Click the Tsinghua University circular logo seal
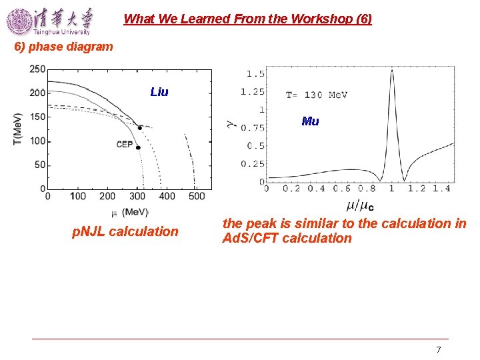pyautogui.click(x=19, y=21)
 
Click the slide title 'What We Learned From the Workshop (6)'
pyautogui.click(x=247, y=19)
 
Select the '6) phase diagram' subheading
pyautogui.click(x=64, y=47)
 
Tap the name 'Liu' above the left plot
pyautogui.click(x=159, y=92)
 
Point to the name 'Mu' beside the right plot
pyautogui.click(x=310, y=121)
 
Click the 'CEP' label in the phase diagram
pyautogui.click(x=124, y=145)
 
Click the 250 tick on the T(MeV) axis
pyautogui.click(x=37, y=69)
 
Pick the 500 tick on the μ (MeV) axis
pyautogui.click(x=196, y=197)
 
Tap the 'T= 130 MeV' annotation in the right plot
pyautogui.click(x=317, y=95)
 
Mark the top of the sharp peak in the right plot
pyautogui.click(x=391, y=70)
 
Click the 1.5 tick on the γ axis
pyautogui.click(x=255, y=74)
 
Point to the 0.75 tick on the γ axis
pyautogui.click(x=253, y=128)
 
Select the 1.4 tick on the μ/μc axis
pyautogui.click(x=441, y=189)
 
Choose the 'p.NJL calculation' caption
pyautogui.click(x=125, y=232)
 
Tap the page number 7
pyautogui.click(x=438, y=349)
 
